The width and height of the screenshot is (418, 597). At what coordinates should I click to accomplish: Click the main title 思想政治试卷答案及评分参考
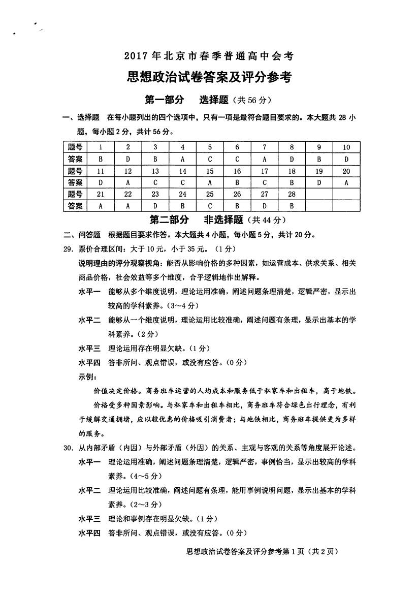click(209, 77)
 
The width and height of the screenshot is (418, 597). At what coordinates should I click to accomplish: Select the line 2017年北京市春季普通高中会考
click(209, 56)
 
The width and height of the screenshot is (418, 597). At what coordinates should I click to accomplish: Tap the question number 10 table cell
click(346, 147)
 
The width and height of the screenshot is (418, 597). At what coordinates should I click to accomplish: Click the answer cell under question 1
click(101, 159)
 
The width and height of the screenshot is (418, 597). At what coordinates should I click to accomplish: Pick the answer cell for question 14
click(183, 182)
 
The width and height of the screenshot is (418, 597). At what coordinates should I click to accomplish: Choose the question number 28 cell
click(292, 194)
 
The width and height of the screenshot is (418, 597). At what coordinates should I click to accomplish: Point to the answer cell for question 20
click(346, 182)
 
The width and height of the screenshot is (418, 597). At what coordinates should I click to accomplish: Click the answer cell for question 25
click(210, 205)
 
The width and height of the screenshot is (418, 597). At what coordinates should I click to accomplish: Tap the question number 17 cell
click(265, 171)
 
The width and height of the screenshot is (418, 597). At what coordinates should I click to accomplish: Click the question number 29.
click(69, 249)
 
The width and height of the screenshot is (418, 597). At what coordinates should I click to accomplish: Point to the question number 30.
click(69, 448)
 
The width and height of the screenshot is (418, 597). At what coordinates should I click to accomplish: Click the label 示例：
click(88, 378)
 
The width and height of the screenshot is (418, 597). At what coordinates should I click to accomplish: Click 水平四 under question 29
click(89, 363)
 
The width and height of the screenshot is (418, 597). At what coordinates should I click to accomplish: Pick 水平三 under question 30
click(89, 519)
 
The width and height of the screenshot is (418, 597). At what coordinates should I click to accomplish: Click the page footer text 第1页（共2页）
click(311, 552)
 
